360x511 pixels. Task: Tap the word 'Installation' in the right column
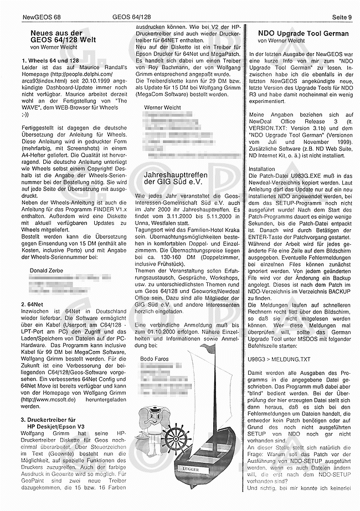click(x=262, y=168)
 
